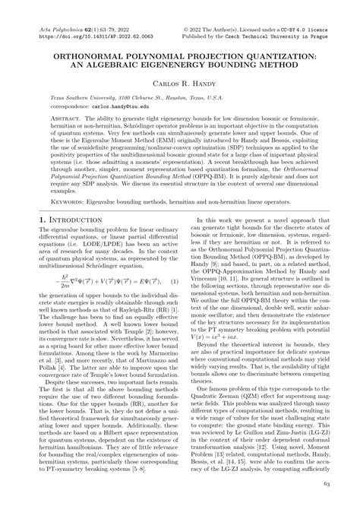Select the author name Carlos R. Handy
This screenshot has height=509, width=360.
point(179,80)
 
